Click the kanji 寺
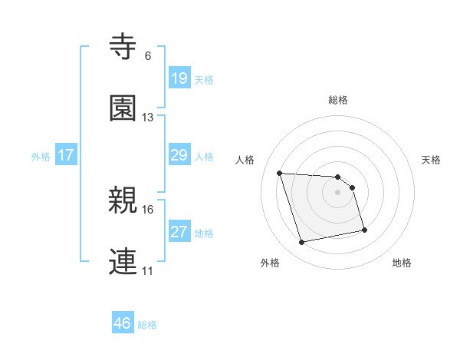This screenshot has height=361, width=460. [x=124, y=48]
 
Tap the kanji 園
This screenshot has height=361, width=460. [x=124, y=109]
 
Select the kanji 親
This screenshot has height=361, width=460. [x=124, y=200]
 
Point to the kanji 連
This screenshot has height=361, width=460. [x=124, y=262]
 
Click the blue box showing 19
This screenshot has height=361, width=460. [x=179, y=78]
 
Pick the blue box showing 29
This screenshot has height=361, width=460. [x=179, y=155]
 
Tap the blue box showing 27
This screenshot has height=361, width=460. [x=179, y=232]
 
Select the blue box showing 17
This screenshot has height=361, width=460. [x=66, y=155]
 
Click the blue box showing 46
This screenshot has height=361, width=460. [x=123, y=324]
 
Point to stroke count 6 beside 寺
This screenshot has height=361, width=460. [x=148, y=56]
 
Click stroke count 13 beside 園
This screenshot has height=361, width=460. [x=148, y=118]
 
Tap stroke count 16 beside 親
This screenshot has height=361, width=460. [x=148, y=209]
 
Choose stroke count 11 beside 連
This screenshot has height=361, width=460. [x=148, y=270]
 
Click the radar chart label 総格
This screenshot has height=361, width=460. [x=338, y=100]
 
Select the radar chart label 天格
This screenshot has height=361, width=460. [x=431, y=160]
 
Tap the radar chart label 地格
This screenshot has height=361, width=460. [x=402, y=263]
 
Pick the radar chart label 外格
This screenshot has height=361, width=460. [x=270, y=263]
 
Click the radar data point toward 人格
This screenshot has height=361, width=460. [x=280, y=173]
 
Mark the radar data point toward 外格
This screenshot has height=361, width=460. [x=302, y=243]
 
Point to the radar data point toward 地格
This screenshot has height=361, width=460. [x=364, y=229]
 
